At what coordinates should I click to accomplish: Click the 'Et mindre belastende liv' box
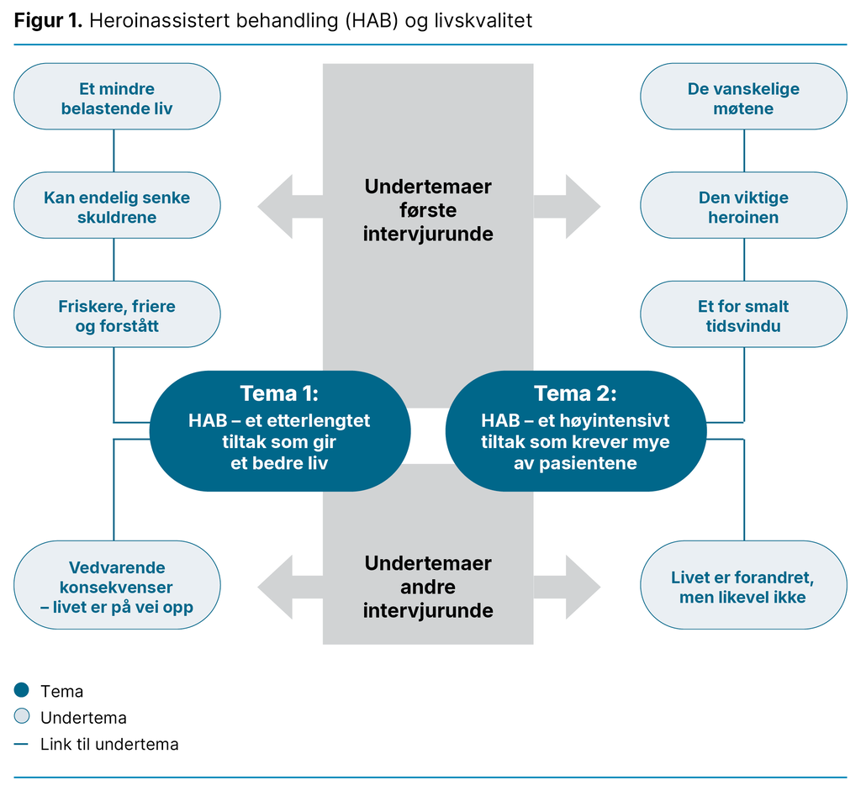point(117,98)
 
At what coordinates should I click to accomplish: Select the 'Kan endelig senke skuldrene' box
point(117,207)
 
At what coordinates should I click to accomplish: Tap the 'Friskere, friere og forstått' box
point(117,316)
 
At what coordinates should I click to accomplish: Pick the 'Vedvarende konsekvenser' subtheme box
point(117,586)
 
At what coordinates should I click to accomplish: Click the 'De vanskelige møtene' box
point(743,98)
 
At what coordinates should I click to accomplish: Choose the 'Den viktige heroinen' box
point(743,207)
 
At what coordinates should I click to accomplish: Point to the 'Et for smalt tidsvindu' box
point(743,316)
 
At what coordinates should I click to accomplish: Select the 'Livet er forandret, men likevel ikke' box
point(743,587)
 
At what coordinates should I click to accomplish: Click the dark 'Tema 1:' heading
point(279,393)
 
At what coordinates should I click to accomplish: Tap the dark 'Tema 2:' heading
point(575,393)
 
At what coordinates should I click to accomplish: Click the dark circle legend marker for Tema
point(22,691)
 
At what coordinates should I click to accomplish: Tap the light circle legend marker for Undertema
point(22,717)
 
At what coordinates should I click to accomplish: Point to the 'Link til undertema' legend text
point(109,744)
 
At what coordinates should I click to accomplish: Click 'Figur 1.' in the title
point(48,21)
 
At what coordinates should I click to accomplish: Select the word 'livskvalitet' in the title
point(481,21)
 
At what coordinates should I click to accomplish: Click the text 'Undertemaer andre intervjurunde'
point(428,587)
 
